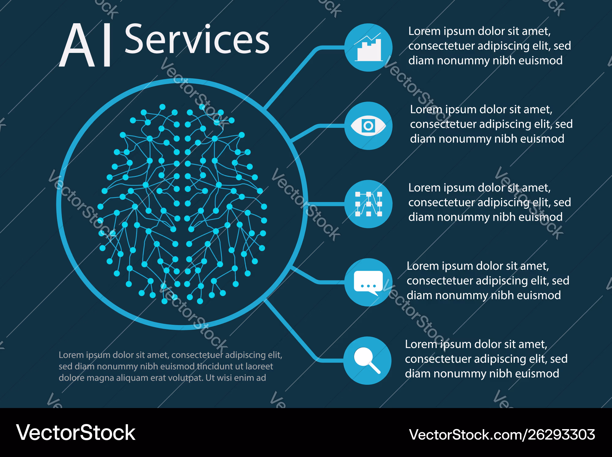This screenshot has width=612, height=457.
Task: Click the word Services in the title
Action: click(197, 39)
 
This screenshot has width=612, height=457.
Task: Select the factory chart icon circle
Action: click(368, 47)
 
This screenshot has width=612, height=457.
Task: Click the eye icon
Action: click(368, 126)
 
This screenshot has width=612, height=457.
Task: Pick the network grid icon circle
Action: click(368, 204)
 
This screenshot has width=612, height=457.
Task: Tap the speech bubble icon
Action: click(368, 283)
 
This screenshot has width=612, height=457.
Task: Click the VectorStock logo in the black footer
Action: click(76, 433)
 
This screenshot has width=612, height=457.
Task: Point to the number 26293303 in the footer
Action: click(562, 435)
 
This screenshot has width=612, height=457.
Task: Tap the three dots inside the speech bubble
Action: click(368, 286)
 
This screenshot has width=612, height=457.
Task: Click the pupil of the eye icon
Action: click(368, 125)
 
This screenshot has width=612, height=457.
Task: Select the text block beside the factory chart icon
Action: click(490, 46)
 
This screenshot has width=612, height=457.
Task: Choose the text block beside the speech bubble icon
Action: click(488, 281)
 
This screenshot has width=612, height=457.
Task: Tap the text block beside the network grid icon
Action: click(490, 202)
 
